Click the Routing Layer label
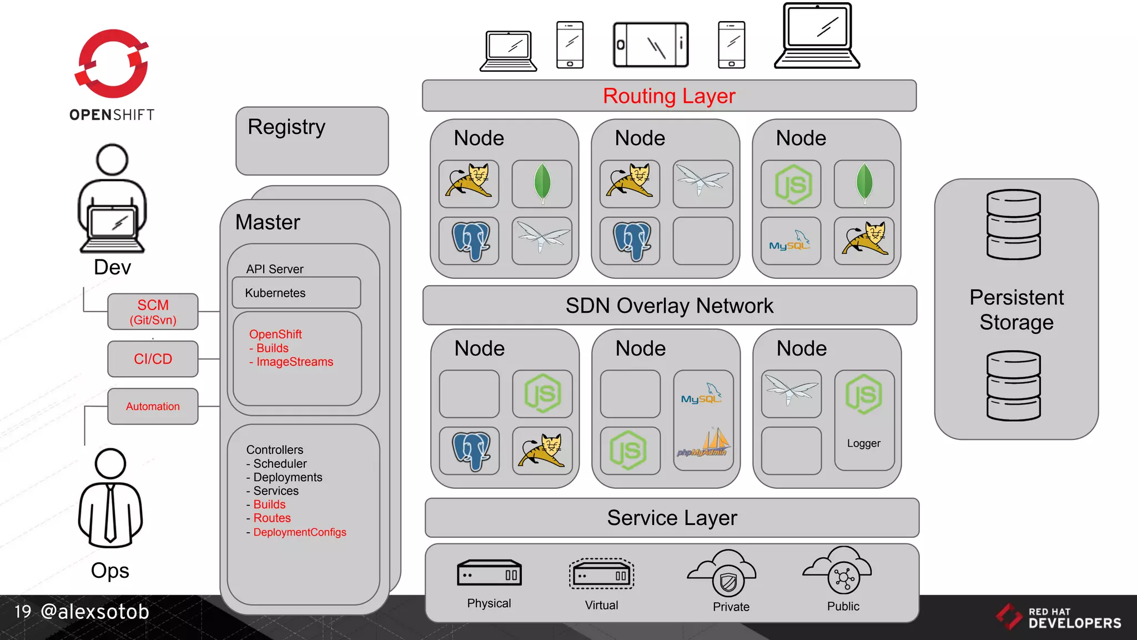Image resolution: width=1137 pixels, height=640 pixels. (x=669, y=96)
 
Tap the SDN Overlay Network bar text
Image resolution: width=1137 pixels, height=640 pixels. (x=669, y=306)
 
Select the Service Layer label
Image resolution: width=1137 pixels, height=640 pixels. (x=672, y=518)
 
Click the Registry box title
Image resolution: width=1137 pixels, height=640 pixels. (x=286, y=127)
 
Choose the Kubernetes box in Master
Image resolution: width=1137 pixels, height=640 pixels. (x=296, y=293)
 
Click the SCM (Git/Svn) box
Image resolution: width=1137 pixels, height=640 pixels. (x=153, y=312)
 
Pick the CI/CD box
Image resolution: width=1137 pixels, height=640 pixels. (x=153, y=359)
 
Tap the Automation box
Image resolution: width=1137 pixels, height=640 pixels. (x=153, y=406)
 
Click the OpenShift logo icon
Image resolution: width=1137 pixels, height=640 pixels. (x=112, y=64)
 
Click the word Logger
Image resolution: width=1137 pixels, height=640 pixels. (x=863, y=443)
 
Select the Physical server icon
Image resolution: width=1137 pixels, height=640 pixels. (x=489, y=573)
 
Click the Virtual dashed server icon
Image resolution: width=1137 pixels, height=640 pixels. (x=601, y=574)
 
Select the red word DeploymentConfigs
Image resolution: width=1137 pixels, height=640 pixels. (x=299, y=532)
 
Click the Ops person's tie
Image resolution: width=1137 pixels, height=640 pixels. (x=110, y=511)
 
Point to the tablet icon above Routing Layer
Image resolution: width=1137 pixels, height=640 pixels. (x=651, y=44)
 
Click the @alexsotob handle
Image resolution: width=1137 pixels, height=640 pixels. (x=95, y=612)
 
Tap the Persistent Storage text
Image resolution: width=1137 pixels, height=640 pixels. (x=1016, y=309)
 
